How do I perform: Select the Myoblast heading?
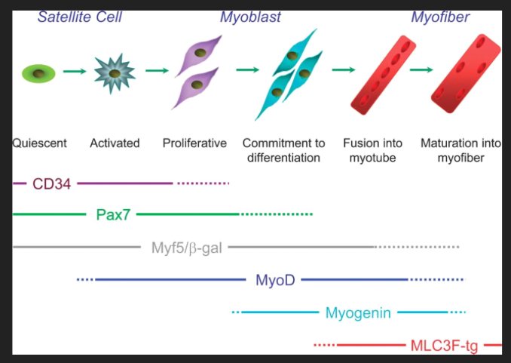[x=250, y=16]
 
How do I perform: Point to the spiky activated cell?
[x=115, y=73]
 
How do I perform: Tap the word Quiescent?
[x=40, y=143]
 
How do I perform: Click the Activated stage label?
[x=115, y=143]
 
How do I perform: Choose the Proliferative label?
[x=194, y=143]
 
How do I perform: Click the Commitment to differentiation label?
[x=283, y=150]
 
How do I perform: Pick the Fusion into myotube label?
[x=372, y=150]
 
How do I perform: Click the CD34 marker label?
[x=51, y=183]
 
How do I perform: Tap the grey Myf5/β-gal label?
[x=186, y=247]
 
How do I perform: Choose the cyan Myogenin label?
[x=358, y=312]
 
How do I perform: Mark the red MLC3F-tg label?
[x=444, y=346]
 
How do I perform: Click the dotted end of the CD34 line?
[x=203, y=183]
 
